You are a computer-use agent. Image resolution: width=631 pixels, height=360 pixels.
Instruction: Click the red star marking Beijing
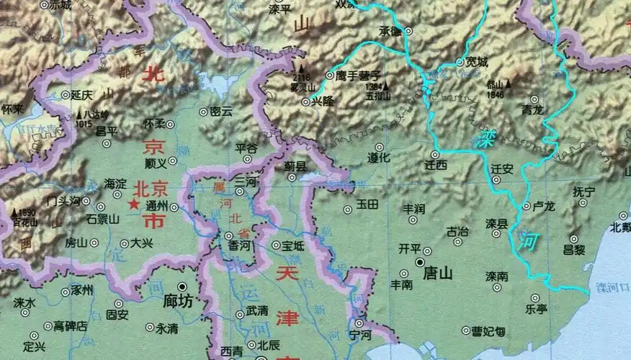point(133,205)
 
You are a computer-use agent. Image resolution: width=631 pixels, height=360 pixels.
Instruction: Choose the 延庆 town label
point(82,95)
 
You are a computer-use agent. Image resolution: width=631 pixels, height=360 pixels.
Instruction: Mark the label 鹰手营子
point(359,75)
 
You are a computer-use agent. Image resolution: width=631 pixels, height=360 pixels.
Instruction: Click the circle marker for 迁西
point(435,155)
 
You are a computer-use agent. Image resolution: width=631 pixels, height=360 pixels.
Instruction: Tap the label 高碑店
point(71,325)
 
